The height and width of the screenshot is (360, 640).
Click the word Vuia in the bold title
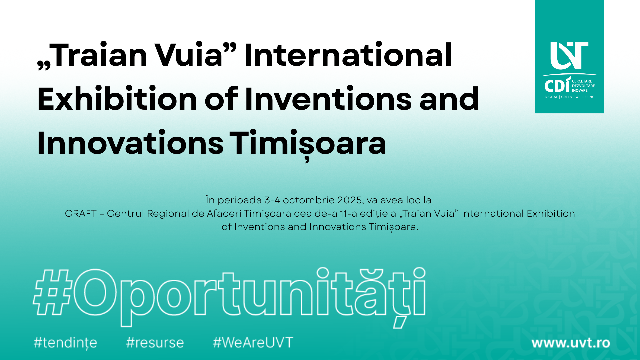[190, 55]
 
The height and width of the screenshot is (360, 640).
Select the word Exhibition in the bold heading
[117, 99]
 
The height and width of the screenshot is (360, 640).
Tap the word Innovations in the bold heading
[130, 143]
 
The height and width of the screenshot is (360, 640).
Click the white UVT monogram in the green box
[569, 56]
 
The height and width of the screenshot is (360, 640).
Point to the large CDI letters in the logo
[557, 85]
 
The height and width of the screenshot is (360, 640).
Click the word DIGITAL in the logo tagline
[551, 97]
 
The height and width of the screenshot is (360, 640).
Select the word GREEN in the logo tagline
[567, 97]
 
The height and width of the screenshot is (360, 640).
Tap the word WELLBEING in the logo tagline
[585, 97]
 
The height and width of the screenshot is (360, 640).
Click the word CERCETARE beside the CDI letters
[582, 81]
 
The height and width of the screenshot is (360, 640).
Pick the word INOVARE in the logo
[580, 91]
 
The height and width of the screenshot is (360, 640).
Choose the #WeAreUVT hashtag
[253, 343]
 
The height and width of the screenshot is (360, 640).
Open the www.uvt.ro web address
[571, 343]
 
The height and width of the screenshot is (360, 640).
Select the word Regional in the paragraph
[168, 214]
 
